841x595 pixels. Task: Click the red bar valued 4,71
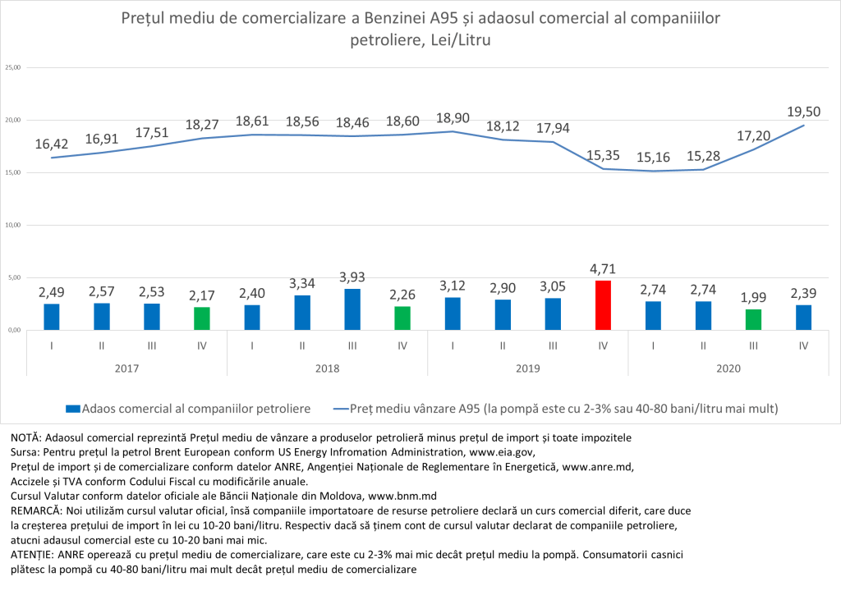(x=603, y=305)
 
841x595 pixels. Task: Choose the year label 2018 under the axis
(x=327, y=368)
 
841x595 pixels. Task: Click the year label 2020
(x=728, y=368)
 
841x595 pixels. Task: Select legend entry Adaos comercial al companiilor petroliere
(x=187, y=407)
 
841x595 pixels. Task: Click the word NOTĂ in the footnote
(x=26, y=437)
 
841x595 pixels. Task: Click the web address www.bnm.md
(x=401, y=496)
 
